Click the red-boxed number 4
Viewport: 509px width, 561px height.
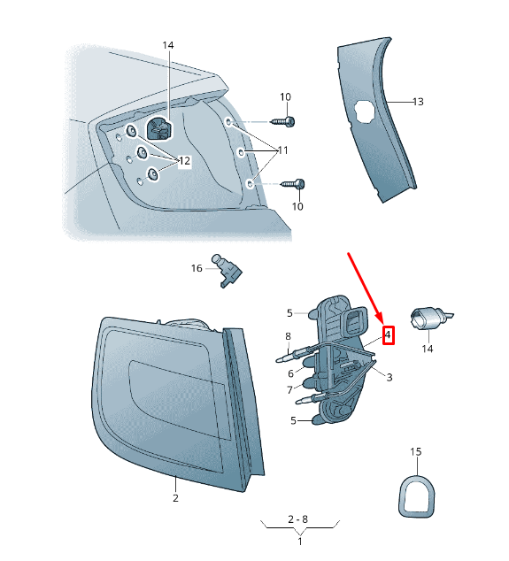[388, 335]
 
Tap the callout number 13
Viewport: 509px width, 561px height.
[418, 102]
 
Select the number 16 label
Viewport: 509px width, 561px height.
[197, 268]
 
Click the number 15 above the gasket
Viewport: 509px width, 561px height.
[415, 452]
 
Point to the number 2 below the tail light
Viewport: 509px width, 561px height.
[175, 498]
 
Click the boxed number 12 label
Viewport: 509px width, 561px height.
[184, 161]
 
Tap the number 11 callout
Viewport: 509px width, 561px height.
[282, 150]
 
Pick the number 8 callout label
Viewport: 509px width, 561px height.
[289, 336]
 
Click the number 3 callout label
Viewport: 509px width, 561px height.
[389, 378]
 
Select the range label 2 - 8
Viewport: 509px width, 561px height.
[297, 519]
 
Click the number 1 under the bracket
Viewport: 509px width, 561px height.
[300, 542]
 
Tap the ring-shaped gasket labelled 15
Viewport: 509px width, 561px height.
[417, 496]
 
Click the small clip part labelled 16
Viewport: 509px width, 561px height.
[228, 271]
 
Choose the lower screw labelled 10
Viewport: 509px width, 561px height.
[294, 184]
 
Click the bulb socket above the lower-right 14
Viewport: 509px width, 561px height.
[429, 318]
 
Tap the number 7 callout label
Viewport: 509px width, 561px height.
[290, 390]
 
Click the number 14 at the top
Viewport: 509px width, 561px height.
[168, 45]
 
